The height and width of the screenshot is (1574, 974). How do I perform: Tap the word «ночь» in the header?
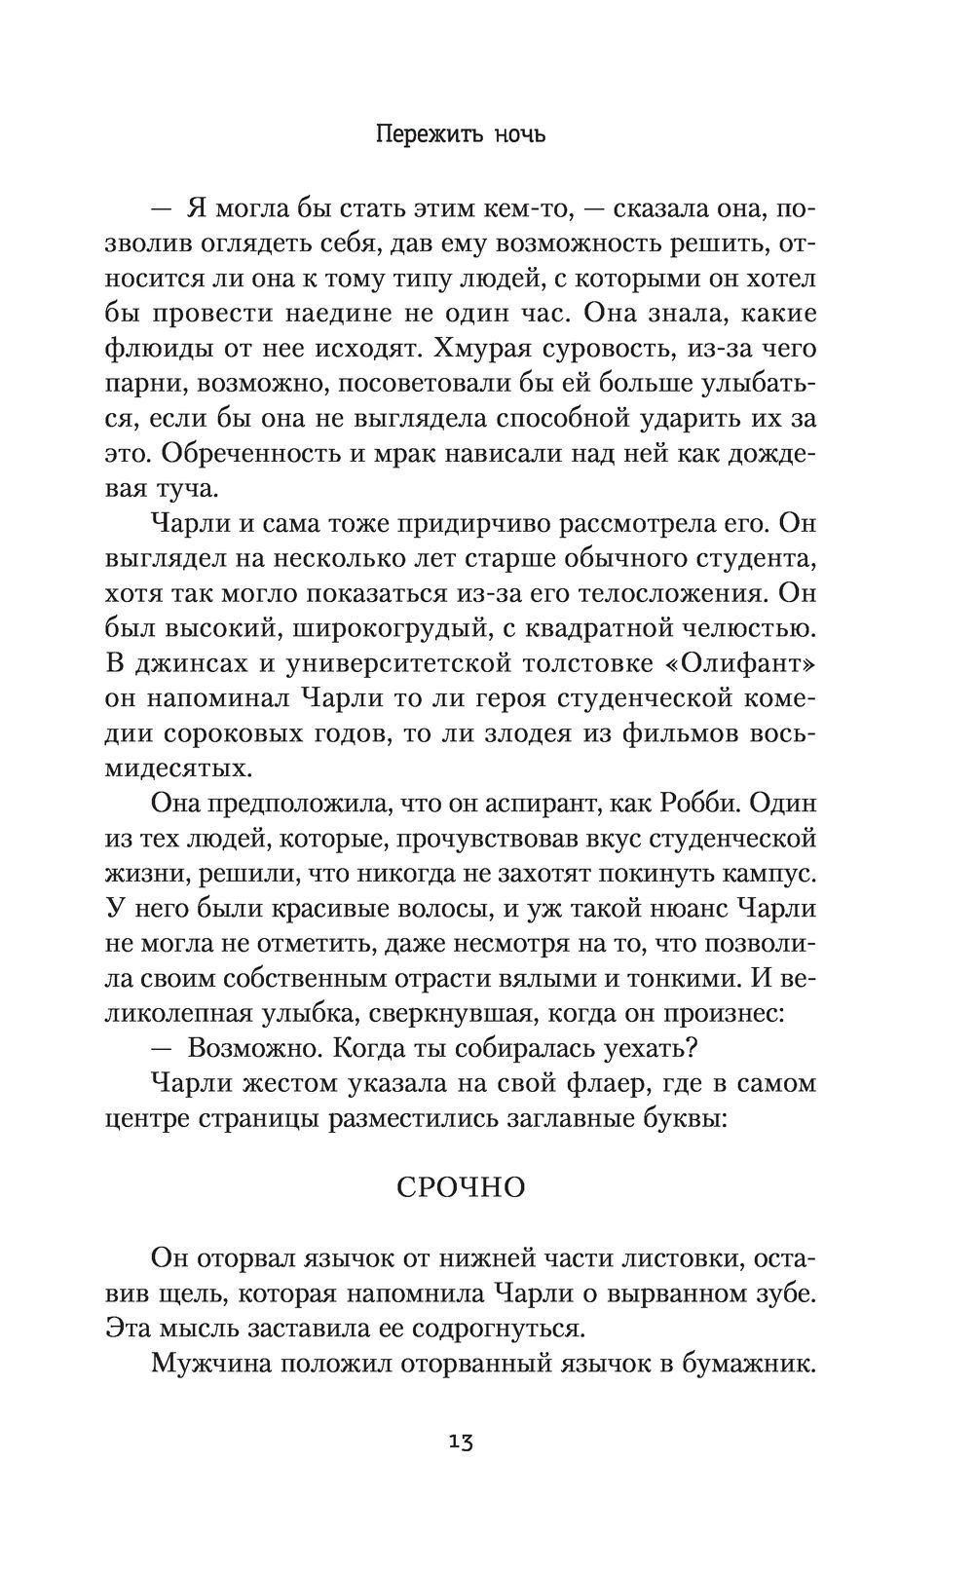tap(518, 133)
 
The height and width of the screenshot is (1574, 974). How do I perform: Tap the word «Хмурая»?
tap(495, 349)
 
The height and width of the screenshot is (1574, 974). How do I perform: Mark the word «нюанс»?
tap(673, 910)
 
